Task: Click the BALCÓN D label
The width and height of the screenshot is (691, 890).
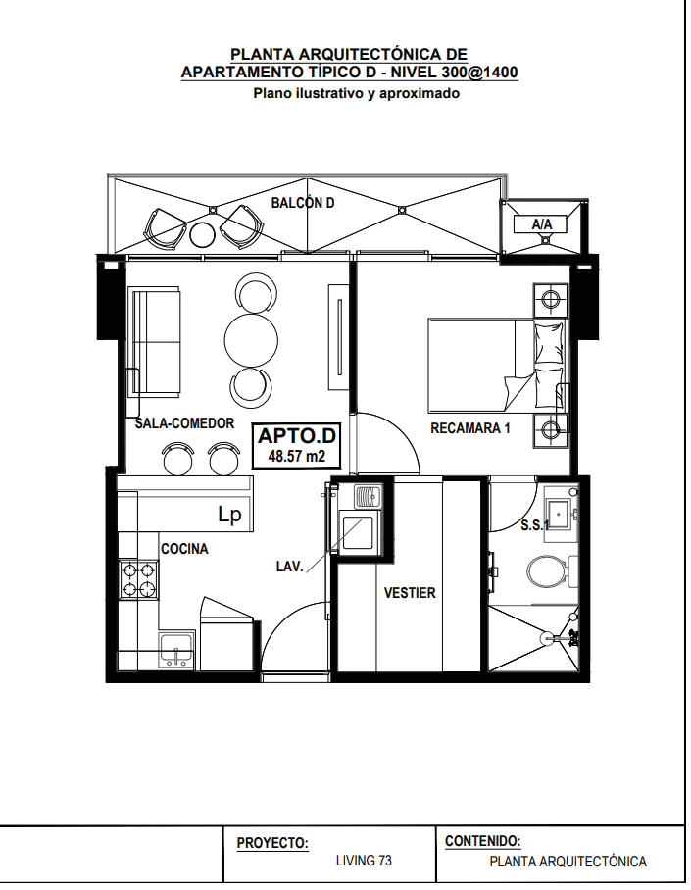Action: (303, 203)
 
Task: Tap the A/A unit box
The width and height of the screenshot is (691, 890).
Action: (542, 224)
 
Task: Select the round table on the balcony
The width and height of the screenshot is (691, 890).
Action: (202, 234)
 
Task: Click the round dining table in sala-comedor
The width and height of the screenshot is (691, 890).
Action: (251, 340)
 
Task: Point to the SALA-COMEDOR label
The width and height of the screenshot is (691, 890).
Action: (184, 423)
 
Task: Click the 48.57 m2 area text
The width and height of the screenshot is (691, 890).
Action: (296, 456)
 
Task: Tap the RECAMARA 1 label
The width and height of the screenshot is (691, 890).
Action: (470, 428)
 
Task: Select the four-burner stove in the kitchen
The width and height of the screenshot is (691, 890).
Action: (138, 579)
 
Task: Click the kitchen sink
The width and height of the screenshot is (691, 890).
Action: (176, 651)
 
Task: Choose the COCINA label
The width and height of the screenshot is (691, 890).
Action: (184, 549)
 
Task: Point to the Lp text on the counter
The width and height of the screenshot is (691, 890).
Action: (230, 515)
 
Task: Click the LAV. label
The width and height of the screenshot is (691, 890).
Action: (289, 567)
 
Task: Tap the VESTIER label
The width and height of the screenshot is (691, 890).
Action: (410, 593)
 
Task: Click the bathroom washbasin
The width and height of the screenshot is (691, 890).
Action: (560, 515)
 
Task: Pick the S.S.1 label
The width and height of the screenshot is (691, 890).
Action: (535, 525)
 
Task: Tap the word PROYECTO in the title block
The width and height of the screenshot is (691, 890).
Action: (271, 843)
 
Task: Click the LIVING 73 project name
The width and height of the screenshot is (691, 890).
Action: (364, 861)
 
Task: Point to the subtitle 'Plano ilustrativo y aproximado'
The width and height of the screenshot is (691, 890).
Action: (356, 93)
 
